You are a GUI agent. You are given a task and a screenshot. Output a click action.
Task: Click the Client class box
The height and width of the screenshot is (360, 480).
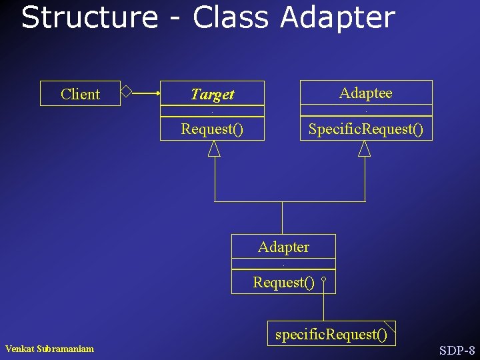(80, 94)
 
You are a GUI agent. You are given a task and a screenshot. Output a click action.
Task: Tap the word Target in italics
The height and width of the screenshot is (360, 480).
(212, 95)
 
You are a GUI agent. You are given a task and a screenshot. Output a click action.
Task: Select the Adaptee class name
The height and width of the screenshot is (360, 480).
(365, 93)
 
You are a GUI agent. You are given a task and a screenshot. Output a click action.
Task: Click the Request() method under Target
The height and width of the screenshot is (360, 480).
(212, 129)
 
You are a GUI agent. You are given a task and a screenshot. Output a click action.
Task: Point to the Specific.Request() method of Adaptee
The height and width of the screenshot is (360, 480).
(365, 129)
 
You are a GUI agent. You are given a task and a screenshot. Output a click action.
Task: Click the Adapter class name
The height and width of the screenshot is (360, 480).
(283, 247)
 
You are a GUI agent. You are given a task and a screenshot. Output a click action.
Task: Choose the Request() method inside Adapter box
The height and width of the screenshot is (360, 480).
(283, 283)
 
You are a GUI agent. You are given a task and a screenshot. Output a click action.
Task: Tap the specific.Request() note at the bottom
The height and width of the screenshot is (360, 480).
(331, 334)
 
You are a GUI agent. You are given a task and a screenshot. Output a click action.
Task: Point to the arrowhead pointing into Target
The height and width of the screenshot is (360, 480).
(157, 94)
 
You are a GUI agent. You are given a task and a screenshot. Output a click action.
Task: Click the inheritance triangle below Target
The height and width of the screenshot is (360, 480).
(214, 148)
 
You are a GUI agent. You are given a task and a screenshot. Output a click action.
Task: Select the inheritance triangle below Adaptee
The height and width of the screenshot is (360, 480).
(364, 148)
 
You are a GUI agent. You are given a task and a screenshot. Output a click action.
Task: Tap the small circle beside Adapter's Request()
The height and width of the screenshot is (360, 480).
(323, 281)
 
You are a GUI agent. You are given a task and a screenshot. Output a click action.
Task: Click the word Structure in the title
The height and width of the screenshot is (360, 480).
(89, 17)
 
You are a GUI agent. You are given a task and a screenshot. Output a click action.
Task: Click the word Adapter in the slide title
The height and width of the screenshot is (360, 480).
(337, 19)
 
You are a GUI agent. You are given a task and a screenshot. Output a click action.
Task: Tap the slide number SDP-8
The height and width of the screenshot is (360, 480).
(457, 350)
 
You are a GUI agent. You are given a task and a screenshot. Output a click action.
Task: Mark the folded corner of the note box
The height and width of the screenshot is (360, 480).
(389, 326)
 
